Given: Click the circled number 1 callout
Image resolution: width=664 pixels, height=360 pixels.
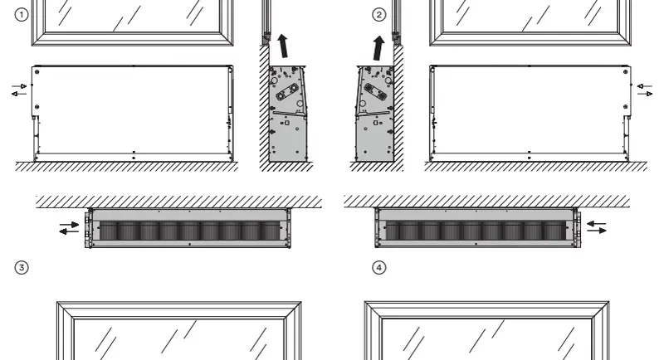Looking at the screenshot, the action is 22,15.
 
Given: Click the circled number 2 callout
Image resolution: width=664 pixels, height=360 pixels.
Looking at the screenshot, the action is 379,15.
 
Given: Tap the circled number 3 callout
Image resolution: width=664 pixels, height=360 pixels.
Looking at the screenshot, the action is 22,267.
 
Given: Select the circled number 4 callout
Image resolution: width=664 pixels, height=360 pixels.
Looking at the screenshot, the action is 379,267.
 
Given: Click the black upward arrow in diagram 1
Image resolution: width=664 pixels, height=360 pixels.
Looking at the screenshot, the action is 283,46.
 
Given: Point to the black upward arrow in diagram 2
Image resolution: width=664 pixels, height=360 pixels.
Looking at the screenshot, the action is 378,48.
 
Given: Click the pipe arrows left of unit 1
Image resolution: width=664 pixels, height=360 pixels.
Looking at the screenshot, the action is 19,90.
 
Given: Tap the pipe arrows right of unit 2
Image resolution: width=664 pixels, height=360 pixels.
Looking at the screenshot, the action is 645,90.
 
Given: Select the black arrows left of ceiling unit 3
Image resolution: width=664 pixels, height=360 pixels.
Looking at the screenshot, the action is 69,227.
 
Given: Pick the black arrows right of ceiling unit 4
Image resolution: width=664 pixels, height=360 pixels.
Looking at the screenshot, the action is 596,226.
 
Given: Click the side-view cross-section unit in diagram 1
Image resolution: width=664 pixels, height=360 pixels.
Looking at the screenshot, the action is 288,114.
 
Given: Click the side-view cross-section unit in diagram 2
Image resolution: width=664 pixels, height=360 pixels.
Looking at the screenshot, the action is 375,114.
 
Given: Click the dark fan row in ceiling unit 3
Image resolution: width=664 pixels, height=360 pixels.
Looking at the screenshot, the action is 190,231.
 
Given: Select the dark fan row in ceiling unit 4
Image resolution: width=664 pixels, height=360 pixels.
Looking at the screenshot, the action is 476,231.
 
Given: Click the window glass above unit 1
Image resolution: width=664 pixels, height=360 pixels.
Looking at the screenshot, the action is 133,16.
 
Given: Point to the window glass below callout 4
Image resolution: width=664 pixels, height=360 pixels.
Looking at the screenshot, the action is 486,339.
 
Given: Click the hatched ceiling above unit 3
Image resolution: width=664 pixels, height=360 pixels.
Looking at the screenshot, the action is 178,202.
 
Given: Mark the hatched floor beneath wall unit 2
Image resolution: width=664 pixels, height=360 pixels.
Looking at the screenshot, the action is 535,166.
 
